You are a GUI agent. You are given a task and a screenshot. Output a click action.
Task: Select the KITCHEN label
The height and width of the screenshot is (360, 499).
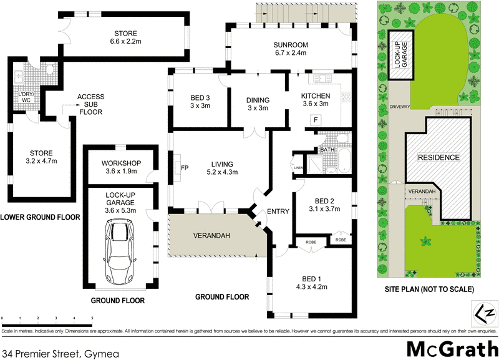[x=315, y=95]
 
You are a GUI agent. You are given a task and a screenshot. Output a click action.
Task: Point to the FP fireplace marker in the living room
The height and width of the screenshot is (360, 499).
[x=185, y=168]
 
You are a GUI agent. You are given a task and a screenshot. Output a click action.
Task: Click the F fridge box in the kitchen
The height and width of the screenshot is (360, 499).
[x=316, y=119]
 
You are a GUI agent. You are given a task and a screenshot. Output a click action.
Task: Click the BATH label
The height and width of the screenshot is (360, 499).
[x=327, y=150]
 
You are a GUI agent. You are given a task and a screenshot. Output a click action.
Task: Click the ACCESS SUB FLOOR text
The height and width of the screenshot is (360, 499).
[x=90, y=104]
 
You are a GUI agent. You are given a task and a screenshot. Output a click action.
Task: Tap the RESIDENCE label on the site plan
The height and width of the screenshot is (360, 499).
[x=438, y=158]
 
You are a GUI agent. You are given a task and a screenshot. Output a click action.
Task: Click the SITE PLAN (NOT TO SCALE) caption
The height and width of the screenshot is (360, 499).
[x=429, y=289]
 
